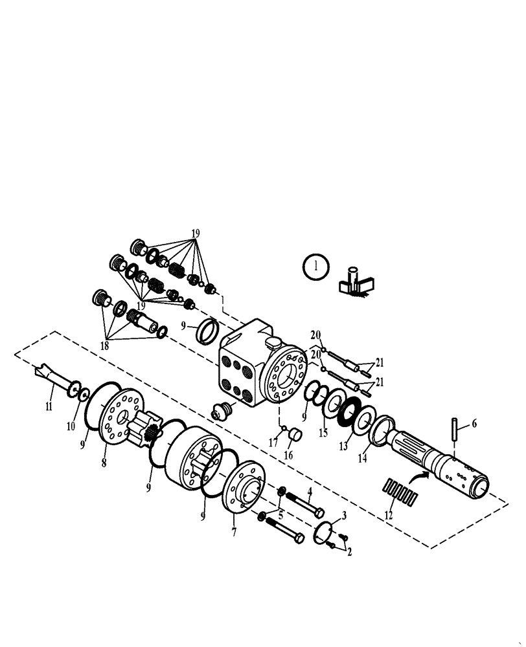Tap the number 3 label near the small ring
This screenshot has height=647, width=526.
click(344, 516)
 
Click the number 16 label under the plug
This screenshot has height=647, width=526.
click(288, 455)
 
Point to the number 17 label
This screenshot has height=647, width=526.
click(273, 443)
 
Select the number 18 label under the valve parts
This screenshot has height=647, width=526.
click(104, 345)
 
